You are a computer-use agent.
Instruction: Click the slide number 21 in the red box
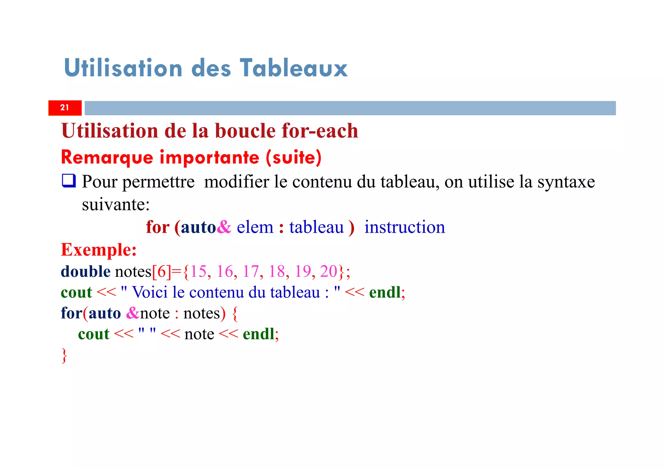65,108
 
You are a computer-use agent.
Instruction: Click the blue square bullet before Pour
69,181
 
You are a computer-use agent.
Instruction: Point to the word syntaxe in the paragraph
566,182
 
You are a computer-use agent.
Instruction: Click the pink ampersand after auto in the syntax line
224,227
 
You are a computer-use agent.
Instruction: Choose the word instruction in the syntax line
405,227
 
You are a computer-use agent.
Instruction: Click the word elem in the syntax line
255,227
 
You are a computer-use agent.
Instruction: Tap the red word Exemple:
99,250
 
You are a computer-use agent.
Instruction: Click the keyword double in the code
86,271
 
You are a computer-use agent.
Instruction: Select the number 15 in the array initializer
198,271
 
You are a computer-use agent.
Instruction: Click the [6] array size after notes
161,271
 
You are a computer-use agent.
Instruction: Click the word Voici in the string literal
150,292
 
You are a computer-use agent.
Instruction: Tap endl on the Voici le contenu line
385,292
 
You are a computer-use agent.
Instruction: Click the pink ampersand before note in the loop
133,313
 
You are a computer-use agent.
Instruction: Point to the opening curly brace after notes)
235,314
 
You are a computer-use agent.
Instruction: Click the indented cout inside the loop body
94,334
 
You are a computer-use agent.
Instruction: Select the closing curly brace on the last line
64,356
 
